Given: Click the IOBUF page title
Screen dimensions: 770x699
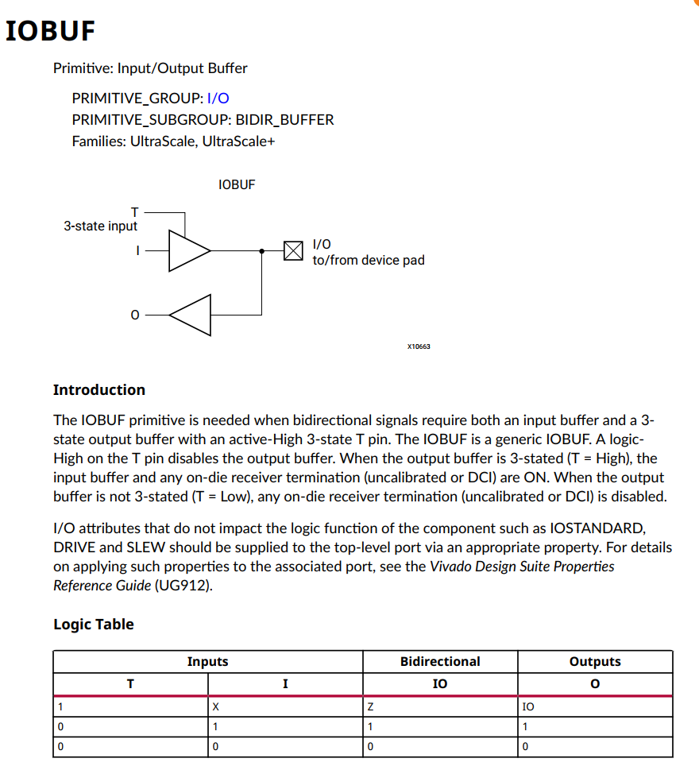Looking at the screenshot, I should pyautogui.click(x=50, y=31).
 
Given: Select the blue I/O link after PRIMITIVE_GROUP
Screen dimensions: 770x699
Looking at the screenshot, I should pyautogui.click(x=218, y=99).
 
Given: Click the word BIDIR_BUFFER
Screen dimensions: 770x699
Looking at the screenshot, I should pyautogui.click(x=284, y=120).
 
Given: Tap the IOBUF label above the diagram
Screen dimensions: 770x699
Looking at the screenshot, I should pyautogui.click(x=237, y=184).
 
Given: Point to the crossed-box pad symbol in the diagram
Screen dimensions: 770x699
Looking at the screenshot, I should pyautogui.click(x=293, y=251).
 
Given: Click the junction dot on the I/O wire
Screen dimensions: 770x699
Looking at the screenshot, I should pyautogui.click(x=262, y=251).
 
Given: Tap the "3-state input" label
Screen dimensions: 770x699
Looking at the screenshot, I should pyautogui.click(x=101, y=226).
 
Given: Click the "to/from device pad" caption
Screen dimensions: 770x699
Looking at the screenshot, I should pyautogui.click(x=368, y=260).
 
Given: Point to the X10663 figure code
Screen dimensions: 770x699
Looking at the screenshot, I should pyautogui.click(x=418, y=346).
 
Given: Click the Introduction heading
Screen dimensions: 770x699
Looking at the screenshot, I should pyautogui.click(x=99, y=389).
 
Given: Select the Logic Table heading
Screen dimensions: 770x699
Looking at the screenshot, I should pyautogui.click(x=94, y=624).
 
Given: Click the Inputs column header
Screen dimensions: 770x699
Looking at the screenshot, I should pyautogui.click(x=207, y=661).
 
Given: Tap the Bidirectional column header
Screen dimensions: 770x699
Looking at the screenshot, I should pyautogui.click(x=440, y=661).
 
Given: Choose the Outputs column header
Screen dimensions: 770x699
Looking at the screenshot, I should pyautogui.click(x=595, y=661).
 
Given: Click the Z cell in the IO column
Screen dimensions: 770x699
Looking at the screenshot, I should pyautogui.click(x=369, y=706).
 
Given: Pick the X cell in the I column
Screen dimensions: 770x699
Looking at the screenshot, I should pyautogui.click(x=215, y=706).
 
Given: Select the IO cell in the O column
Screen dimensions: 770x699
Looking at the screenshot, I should pyautogui.click(x=528, y=706).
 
